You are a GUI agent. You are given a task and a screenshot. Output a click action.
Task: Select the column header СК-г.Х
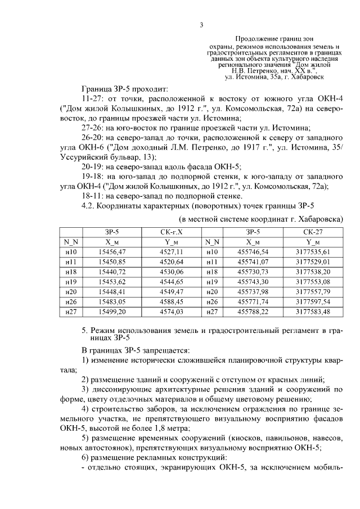pyautogui.click(x=172, y=231)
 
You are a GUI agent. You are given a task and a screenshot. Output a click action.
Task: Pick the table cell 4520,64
pyautogui.click(x=172, y=262)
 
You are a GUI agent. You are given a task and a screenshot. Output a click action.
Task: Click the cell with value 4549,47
pyautogui.click(x=172, y=291)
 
